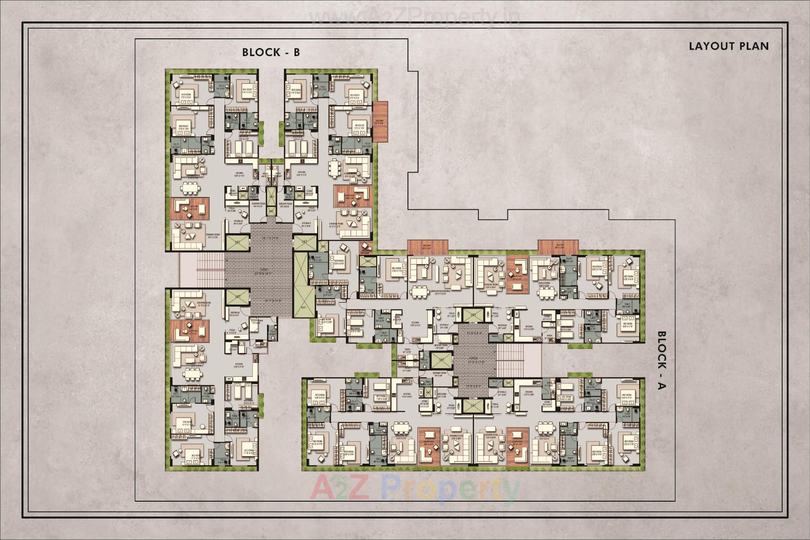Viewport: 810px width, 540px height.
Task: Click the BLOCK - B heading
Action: [271, 52]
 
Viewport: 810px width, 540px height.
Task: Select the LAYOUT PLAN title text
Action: [729, 46]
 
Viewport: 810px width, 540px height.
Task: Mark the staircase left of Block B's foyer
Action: [210, 270]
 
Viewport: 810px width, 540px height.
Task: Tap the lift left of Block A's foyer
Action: [442, 359]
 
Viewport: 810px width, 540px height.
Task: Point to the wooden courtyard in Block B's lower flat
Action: [190, 330]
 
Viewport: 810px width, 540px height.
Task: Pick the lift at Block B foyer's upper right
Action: [305, 243]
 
